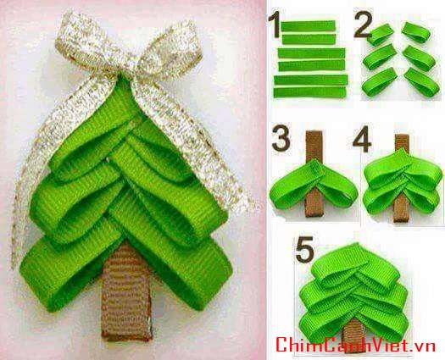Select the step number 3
tap(281, 139)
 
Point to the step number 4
tap(362, 139)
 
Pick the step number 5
tap(305, 249)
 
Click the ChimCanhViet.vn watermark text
tap(355, 344)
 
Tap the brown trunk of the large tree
tap(126, 292)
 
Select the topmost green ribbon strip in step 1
tap(309, 26)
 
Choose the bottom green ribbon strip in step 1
tap(309, 92)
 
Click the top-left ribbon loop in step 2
tap(381, 35)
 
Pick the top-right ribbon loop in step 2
tap(416, 32)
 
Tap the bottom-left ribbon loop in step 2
tap(380, 82)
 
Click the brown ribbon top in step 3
tap(314, 145)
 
